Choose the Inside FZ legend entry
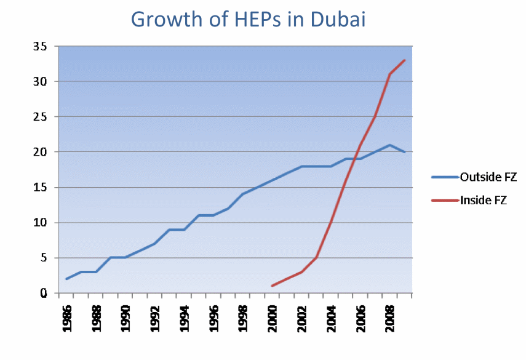click(x=483, y=200)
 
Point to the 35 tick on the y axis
click(x=40, y=46)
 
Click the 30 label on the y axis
click(x=40, y=81)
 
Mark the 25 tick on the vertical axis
click(x=40, y=117)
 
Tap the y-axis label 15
click(x=40, y=188)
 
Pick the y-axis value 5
click(x=43, y=258)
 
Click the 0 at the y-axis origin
click(x=43, y=294)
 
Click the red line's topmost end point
click(x=405, y=60)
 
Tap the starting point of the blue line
click(x=66, y=279)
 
